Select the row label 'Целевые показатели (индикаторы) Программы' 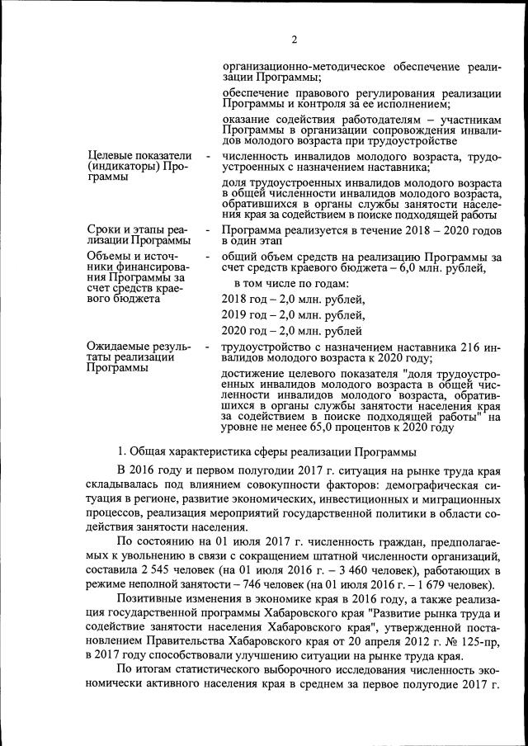pyautogui.click(x=139, y=167)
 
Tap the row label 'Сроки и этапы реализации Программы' pyautogui.click(x=139, y=235)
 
